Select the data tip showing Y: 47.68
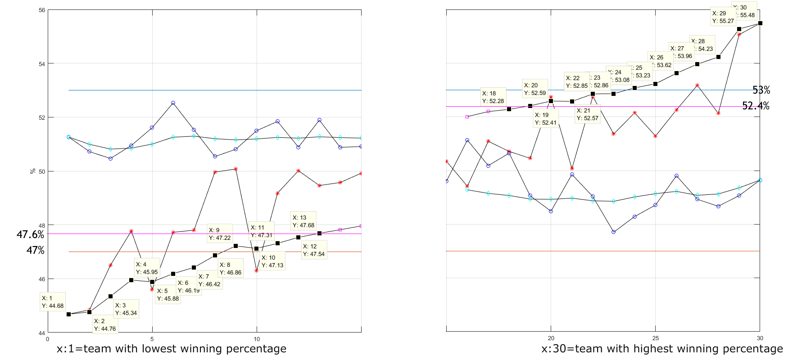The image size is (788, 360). tap(303, 221)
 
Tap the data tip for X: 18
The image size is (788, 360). tap(493, 97)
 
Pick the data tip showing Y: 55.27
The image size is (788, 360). tap(723, 17)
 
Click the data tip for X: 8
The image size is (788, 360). tap(231, 269)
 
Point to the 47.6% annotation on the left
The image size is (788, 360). tap(30, 234)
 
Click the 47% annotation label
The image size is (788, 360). tap(35, 250)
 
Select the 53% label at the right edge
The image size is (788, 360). tap(761, 90)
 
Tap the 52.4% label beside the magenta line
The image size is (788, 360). tap(756, 106)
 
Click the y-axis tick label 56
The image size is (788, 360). tap(42, 10)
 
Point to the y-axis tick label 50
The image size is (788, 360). tap(42, 171)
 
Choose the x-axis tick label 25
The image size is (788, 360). tap(656, 338)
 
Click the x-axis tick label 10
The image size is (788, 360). tap(257, 339)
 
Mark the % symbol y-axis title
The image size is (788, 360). tap(32, 171)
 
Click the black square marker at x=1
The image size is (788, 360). tap(68, 314)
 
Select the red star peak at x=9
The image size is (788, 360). tap(235, 169)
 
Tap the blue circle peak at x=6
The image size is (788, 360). tap(173, 103)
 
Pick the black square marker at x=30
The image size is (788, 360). tap(760, 23)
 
